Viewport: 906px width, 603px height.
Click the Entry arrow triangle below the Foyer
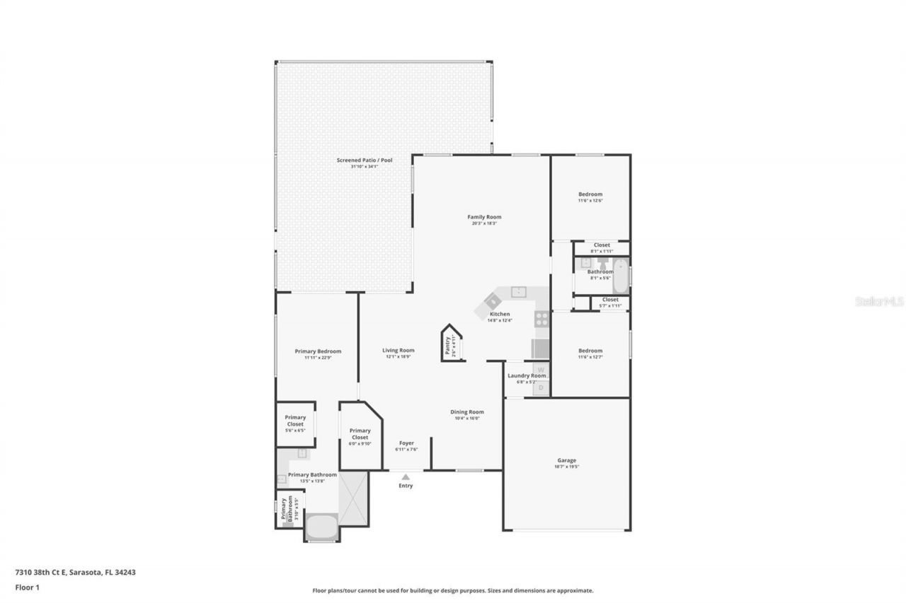point(406,477)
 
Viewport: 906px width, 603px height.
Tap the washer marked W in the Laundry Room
point(541,369)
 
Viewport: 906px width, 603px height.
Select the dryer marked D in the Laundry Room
point(541,387)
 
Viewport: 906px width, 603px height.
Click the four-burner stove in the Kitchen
point(541,319)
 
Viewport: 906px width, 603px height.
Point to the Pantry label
point(447,345)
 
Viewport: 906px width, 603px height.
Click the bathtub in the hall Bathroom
point(621,277)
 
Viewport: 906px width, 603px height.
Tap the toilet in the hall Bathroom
point(602,264)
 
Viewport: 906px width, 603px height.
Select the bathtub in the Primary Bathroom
point(322,527)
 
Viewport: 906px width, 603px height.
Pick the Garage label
point(566,460)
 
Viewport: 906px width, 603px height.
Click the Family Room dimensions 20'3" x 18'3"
point(484,223)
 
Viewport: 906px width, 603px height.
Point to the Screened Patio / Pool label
point(364,160)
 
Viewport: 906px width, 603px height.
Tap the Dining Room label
point(467,411)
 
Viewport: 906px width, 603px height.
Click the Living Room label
point(398,350)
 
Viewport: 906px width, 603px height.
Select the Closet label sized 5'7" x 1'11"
point(610,300)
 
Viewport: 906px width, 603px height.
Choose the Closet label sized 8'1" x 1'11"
point(602,245)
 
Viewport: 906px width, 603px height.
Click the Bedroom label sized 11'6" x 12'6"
point(590,194)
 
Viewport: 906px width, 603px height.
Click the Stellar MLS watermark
point(879,301)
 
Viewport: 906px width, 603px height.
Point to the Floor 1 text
point(28,587)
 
